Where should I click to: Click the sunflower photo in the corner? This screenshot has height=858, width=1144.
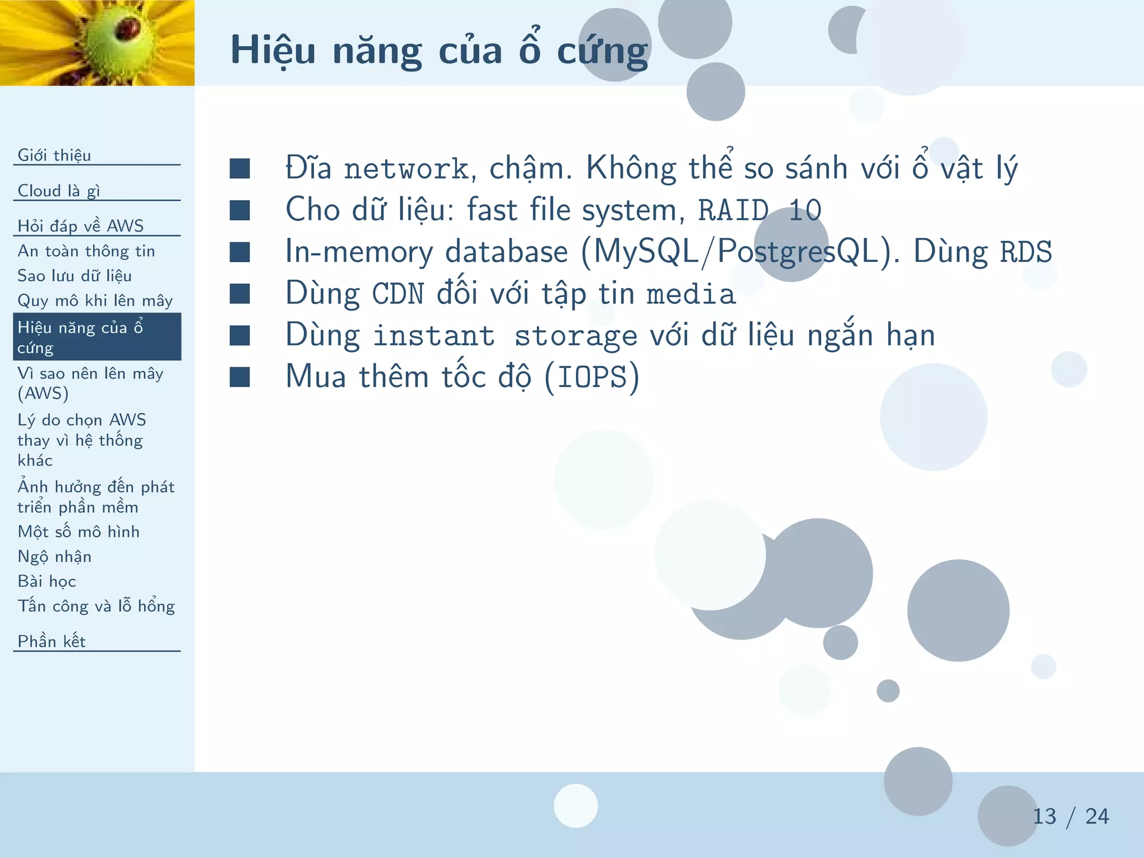point(97,42)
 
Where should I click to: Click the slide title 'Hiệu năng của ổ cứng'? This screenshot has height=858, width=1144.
point(439,51)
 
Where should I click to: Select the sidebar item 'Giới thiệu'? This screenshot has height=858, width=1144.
point(54,155)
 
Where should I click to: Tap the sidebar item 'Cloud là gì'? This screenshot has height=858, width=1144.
point(59,190)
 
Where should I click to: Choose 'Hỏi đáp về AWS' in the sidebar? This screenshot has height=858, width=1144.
point(80,226)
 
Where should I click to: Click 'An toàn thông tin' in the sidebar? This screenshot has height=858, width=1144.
point(86,251)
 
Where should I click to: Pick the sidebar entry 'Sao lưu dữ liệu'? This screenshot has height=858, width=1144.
point(74,275)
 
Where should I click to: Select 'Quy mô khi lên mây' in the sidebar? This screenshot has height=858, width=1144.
point(95,301)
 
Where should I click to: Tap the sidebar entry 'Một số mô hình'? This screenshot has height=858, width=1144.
point(78,531)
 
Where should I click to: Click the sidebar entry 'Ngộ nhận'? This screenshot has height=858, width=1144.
point(54,556)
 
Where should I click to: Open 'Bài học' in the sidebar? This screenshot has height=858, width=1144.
point(46,581)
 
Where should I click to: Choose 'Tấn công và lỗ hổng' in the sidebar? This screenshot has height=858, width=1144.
point(96,606)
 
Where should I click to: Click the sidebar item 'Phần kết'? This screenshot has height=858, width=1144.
point(51,641)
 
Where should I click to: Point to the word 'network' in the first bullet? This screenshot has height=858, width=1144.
point(406,169)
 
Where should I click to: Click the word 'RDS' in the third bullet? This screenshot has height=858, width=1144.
point(1025,252)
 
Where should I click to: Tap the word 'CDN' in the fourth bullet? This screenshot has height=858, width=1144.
point(398,294)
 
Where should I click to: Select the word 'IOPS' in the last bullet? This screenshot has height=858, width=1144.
point(592,377)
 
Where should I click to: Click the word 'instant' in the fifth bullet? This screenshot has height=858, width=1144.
point(433,336)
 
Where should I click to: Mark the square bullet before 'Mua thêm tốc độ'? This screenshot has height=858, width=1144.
point(240,377)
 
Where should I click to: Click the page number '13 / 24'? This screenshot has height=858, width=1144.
point(1070,817)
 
